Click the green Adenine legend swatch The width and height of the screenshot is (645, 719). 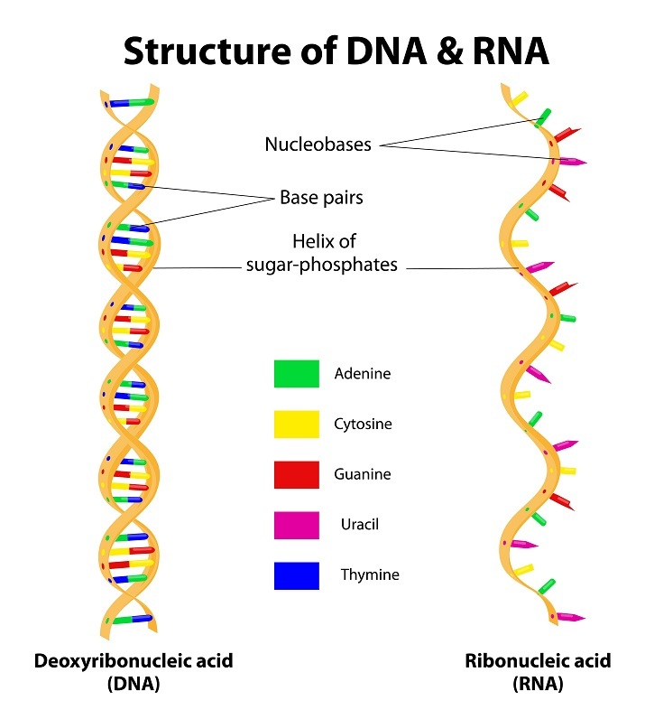tap(296, 373)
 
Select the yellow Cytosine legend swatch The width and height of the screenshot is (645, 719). tap(296, 424)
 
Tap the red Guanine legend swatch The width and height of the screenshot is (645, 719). tap(296, 474)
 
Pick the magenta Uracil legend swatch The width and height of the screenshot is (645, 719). tap(296, 525)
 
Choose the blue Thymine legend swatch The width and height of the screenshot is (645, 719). tap(296, 575)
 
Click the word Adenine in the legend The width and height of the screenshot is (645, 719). tap(363, 373)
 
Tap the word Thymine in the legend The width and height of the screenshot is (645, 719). tap(369, 574)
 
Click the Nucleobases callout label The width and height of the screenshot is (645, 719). tap(318, 145)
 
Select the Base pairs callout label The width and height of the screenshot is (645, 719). tap(321, 196)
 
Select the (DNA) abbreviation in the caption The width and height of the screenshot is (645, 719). tap(134, 684)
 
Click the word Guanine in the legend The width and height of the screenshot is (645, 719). tap(363, 474)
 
